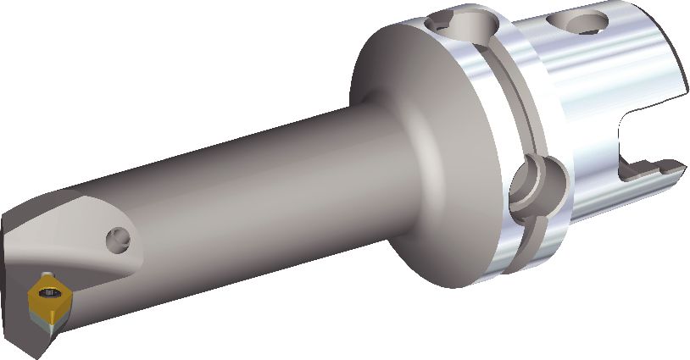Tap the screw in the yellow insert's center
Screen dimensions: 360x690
point(47,294)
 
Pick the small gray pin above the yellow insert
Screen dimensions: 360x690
point(42,274)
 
